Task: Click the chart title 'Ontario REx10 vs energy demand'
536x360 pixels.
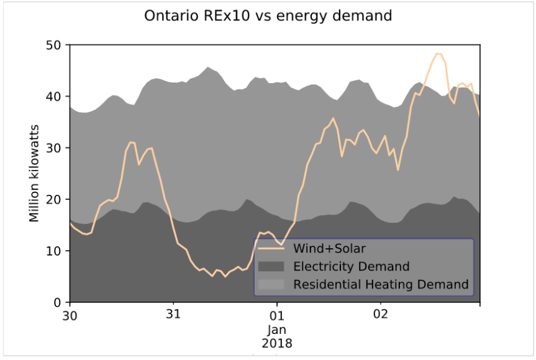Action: [268, 16]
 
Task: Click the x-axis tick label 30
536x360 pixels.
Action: [70, 315]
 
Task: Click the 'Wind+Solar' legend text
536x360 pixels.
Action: [329, 249]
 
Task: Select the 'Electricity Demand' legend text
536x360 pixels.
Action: [351, 267]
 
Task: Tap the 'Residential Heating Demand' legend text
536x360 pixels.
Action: [380, 285]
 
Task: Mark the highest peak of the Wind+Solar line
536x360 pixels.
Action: [438, 54]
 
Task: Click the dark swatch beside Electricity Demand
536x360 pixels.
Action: [271, 267]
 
